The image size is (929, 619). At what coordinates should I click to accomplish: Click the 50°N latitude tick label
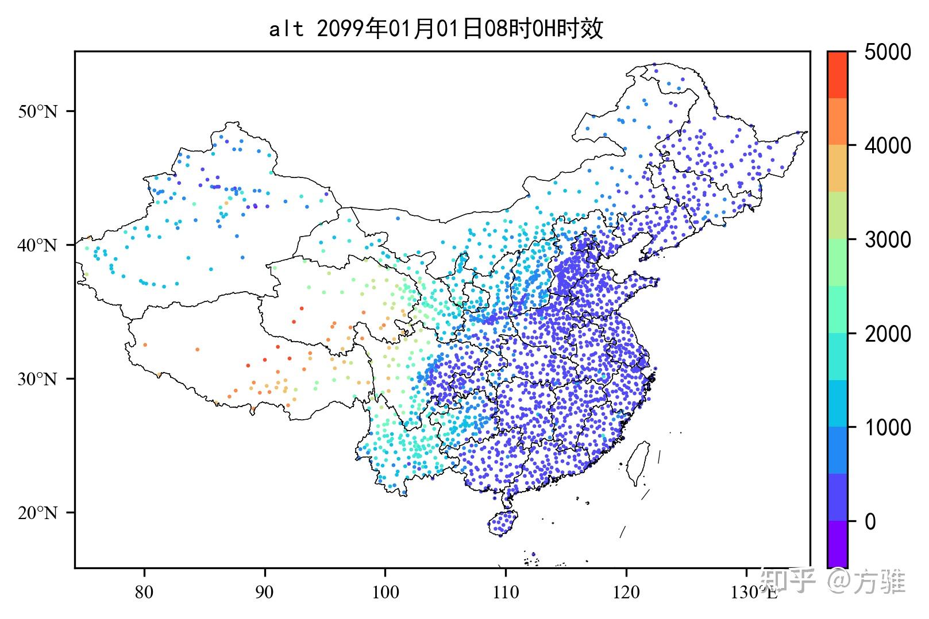pyautogui.click(x=38, y=111)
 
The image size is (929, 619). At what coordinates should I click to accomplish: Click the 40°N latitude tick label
pyautogui.click(x=38, y=245)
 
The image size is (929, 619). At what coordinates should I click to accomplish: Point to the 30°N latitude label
pyautogui.click(x=38, y=379)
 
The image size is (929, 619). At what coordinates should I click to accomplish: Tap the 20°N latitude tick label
pyautogui.click(x=38, y=513)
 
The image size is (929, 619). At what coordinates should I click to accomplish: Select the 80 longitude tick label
pyautogui.click(x=144, y=592)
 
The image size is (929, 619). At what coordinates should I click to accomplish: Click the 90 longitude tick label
pyautogui.click(x=265, y=592)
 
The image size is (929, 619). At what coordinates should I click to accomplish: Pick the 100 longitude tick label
pyautogui.click(x=385, y=592)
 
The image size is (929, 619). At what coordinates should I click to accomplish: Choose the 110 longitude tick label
pyautogui.click(x=506, y=592)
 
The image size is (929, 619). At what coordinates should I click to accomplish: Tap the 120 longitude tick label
pyautogui.click(x=626, y=592)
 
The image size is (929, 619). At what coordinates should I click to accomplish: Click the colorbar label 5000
pyautogui.click(x=888, y=53)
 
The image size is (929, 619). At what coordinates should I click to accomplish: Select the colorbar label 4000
pyautogui.click(x=888, y=146)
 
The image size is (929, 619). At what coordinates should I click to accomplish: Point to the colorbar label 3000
pyautogui.click(x=888, y=240)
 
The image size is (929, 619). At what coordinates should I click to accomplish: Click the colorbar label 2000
pyautogui.click(x=888, y=334)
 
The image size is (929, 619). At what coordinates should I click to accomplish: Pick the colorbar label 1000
pyautogui.click(x=888, y=428)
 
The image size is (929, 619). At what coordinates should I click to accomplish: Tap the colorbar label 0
pyautogui.click(x=870, y=521)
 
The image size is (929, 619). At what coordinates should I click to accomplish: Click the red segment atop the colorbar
pyautogui.click(x=837, y=75)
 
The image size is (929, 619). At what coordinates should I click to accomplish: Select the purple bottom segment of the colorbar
pyautogui.click(x=837, y=544)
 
